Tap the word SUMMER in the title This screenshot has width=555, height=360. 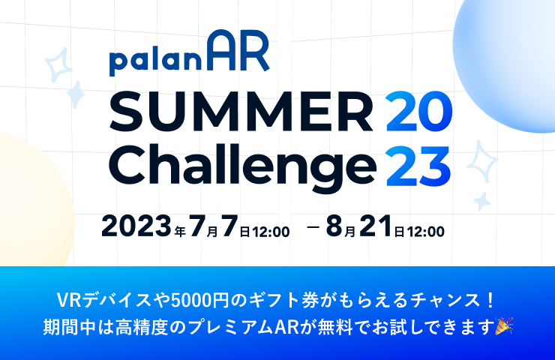[x=241, y=112]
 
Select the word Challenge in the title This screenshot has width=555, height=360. [x=242, y=164]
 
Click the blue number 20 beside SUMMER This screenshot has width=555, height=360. [x=419, y=112]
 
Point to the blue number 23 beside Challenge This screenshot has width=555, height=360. [x=418, y=166]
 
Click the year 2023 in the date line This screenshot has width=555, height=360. [x=136, y=226]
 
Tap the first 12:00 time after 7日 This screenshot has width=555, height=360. [x=271, y=232]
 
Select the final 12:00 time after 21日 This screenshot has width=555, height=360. [x=425, y=232]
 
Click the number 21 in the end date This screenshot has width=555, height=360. [x=376, y=226]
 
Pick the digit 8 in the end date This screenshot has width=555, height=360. [x=334, y=226]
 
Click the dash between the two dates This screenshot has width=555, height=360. [x=313, y=226]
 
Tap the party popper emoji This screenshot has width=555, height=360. [x=505, y=326]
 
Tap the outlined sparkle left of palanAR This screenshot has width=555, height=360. [x=58, y=64]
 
